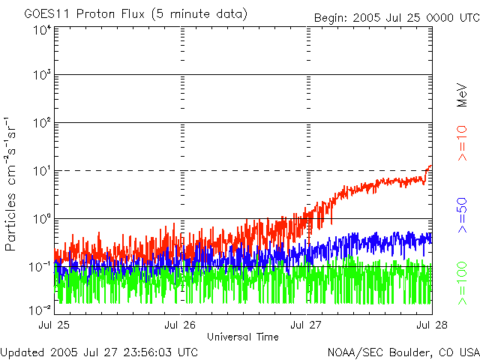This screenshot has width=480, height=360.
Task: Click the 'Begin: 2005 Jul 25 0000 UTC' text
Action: click(x=397, y=18)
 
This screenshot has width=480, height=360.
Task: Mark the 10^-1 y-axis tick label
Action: click(x=40, y=267)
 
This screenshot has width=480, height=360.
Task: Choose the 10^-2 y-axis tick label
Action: click(x=40, y=310)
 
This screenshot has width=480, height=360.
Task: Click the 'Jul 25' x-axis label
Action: click(x=54, y=325)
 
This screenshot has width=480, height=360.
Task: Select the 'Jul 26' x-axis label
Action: click(x=180, y=325)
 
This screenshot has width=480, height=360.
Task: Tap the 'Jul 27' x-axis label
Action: click(x=306, y=325)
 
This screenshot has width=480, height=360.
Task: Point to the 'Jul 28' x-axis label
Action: click(x=432, y=325)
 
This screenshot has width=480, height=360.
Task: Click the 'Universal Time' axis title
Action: click(x=243, y=337)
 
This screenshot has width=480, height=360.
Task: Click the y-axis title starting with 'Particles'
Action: click(x=10, y=184)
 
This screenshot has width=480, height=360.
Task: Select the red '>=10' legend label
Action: click(x=462, y=143)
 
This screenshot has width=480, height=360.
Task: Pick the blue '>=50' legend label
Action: click(x=462, y=215)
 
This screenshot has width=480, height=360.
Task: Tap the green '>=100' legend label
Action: click(x=462, y=283)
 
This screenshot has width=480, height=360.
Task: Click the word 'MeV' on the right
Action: click(x=462, y=95)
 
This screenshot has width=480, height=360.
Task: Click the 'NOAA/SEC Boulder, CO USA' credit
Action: click(x=403, y=352)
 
